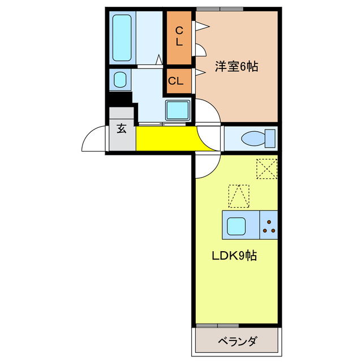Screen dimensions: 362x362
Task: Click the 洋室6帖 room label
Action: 236,67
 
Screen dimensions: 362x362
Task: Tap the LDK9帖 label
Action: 234,256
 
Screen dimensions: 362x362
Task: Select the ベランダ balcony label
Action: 238,341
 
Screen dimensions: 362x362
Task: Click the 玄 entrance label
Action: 122,128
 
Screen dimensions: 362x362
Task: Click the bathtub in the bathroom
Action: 122,37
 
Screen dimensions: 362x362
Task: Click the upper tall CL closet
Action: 179,37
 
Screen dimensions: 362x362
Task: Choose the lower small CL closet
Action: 176,81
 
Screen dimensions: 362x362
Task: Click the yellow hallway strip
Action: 166,139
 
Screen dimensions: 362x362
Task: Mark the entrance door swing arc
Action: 93,139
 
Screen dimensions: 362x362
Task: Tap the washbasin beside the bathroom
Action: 120,79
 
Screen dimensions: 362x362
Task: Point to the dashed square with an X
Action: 265,169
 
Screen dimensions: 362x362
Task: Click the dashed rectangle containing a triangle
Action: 238,196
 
